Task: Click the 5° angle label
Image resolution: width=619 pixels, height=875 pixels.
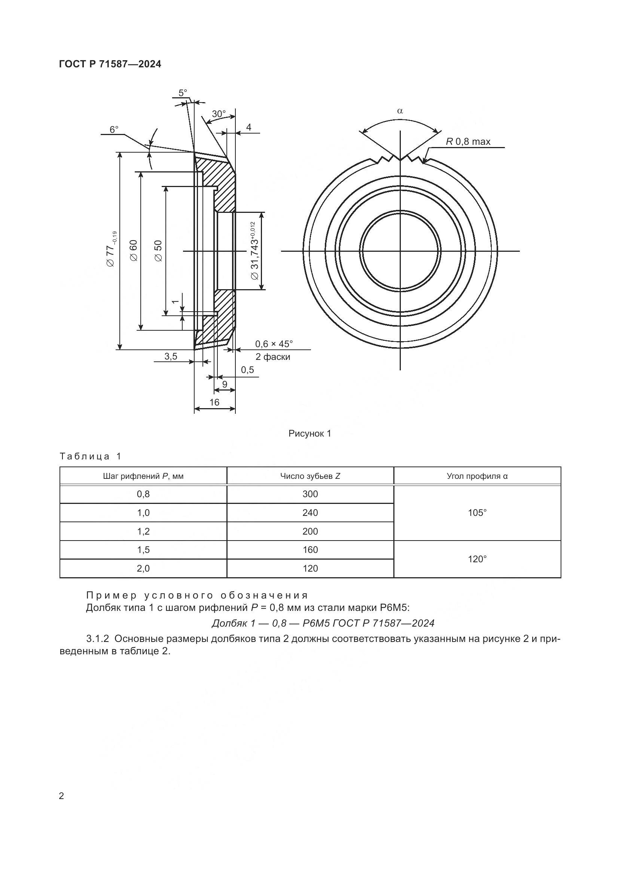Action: [183, 93]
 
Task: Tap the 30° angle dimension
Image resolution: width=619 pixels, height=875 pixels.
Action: [219, 114]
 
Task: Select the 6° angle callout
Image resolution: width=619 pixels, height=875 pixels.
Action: [114, 129]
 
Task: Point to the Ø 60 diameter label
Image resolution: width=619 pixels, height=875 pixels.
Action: [133, 250]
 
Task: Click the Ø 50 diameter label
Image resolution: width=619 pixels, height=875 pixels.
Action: [158, 250]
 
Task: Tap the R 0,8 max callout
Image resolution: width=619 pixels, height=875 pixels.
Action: [468, 142]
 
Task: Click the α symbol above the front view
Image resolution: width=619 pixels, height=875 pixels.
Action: [400, 111]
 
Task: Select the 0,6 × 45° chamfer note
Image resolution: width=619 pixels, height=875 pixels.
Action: [274, 344]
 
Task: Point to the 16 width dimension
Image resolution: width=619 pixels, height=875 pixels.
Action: [214, 402]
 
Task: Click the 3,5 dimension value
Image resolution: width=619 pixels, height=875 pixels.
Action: [171, 357]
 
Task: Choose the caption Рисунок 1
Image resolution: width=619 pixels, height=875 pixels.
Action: [309, 433]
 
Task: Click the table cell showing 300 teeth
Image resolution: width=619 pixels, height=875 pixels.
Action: [310, 494]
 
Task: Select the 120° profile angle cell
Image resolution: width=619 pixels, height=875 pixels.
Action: [477, 559]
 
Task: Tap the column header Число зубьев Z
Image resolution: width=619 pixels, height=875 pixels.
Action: [310, 476]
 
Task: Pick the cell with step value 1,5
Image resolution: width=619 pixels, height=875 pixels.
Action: [143, 550]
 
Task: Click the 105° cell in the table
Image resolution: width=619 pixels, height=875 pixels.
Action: [477, 513]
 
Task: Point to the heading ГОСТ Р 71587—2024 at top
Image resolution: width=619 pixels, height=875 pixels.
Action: [110, 64]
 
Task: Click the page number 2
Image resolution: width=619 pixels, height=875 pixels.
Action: [62, 796]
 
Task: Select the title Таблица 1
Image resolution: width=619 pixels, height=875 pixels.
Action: [90, 456]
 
